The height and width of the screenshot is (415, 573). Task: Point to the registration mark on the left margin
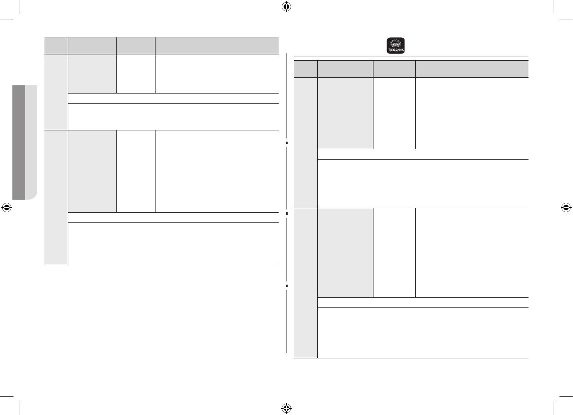click(x=6, y=207)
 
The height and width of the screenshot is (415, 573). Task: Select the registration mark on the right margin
click(x=566, y=207)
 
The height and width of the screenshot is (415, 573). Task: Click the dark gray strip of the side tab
click(x=19, y=142)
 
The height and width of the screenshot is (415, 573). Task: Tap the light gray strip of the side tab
click(x=31, y=142)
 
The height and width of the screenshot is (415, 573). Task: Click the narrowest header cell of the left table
click(x=56, y=45)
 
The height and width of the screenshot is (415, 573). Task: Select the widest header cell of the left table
click(x=217, y=45)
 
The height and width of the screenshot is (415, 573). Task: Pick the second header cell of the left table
click(x=92, y=45)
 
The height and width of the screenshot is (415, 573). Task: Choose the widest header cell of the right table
click(x=471, y=69)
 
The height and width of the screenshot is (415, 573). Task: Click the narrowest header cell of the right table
click(x=306, y=69)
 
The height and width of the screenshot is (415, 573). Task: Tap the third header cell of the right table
click(x=394, y=69)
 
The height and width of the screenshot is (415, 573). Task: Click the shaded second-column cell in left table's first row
click(x=92, y=74)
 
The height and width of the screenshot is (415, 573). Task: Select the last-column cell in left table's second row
click(x=217, y=171)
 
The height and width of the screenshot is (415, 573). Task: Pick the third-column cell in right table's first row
click(x=394, y=113)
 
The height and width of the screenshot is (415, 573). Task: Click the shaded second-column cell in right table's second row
click(x=345, y=252)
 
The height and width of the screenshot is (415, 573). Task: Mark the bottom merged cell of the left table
click(x=173, y=243)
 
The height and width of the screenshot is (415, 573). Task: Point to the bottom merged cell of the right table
click(x=422, y=333)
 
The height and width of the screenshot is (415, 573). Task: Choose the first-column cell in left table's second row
click(x=56, y=197)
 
